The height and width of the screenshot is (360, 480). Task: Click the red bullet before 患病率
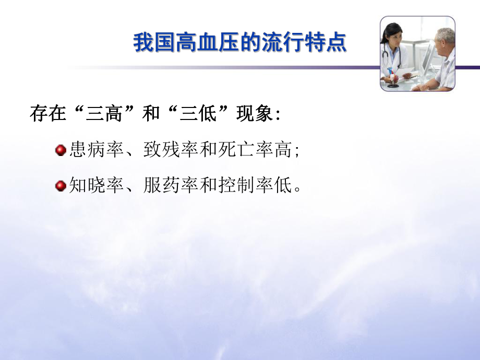coord(60,151)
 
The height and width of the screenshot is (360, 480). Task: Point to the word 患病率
coord(93,151)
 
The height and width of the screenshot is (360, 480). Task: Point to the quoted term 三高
coord(105,114)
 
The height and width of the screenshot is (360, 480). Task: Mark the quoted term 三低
coord(199,114)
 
